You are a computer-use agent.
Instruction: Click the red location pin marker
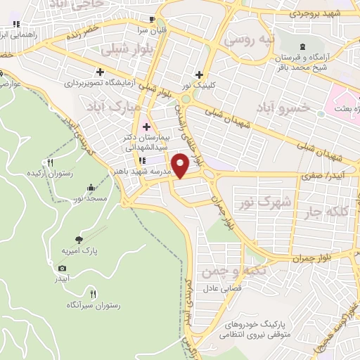pos(181,166)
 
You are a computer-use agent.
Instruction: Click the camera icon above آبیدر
pos(62,269)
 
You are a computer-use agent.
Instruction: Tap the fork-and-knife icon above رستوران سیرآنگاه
pos(93,294)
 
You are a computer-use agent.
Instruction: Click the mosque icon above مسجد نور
pos(91,188)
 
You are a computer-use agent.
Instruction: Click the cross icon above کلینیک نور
pos(200,74)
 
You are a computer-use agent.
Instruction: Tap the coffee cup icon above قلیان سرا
pos(153,18)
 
